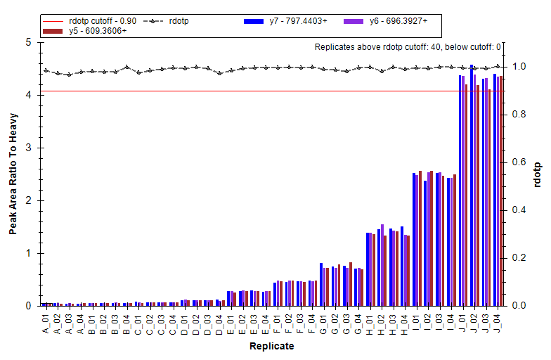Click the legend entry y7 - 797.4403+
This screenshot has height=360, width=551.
tap(285, 21)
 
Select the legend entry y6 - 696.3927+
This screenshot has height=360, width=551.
tap(385, 21)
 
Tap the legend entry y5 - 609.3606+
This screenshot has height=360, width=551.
tap(84, 31)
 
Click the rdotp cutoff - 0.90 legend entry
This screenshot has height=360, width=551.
tap(89, 21)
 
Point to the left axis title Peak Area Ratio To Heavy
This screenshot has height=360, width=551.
tap(13, 174)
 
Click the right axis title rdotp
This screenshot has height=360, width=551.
tap(537, 174)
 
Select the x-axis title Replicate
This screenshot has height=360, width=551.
tap(271, 346)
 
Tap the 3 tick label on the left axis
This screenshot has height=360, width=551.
tap(28, 148)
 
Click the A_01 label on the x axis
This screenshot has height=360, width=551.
tap(46, 323)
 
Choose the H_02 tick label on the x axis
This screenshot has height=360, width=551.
tap(382, 324)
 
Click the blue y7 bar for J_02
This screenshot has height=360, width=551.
tap(472, 186)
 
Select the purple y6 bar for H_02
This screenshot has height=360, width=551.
tap(382, 265)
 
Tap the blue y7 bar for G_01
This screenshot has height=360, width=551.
tap(321, 284)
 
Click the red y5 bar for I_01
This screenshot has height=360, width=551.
tap(420, 238)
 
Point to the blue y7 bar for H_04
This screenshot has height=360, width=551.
tap(402, 266)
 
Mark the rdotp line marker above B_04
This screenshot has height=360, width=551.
tap(127, 66)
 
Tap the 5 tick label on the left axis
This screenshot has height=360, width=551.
tap(28, 42)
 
